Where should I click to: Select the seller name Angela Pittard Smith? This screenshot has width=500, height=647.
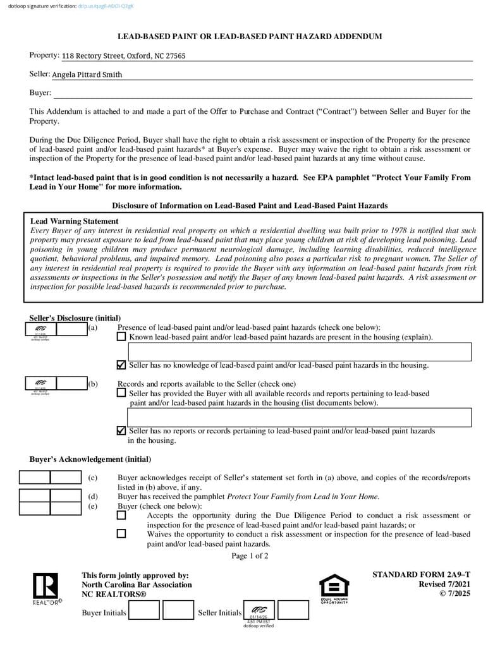coord(87,75)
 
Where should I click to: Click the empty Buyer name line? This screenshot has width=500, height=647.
coord(262,94)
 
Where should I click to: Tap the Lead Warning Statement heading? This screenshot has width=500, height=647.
coord(75,221)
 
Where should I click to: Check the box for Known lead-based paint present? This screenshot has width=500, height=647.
coord(121,337)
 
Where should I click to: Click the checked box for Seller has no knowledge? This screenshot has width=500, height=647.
coord(121,365)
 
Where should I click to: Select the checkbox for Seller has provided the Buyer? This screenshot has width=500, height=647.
coord(121,393)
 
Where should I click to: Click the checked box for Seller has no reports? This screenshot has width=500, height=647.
coord(121,431)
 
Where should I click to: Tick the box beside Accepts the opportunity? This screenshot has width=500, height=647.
coord(121,516)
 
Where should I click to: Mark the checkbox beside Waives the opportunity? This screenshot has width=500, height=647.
coord(121,534)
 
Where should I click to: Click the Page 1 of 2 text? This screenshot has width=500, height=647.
coord(250,556)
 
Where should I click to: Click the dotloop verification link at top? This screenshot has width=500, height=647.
coord(106,6)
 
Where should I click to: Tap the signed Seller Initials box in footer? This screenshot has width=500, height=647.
coord(259,610)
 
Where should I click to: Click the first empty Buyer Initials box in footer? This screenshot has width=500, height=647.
coord(144,610)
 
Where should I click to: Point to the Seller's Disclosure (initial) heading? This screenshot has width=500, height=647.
coord(75,318)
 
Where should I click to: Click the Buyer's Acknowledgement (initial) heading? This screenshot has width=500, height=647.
coord(90,459)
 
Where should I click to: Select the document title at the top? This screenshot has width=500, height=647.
coord(250,37)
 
